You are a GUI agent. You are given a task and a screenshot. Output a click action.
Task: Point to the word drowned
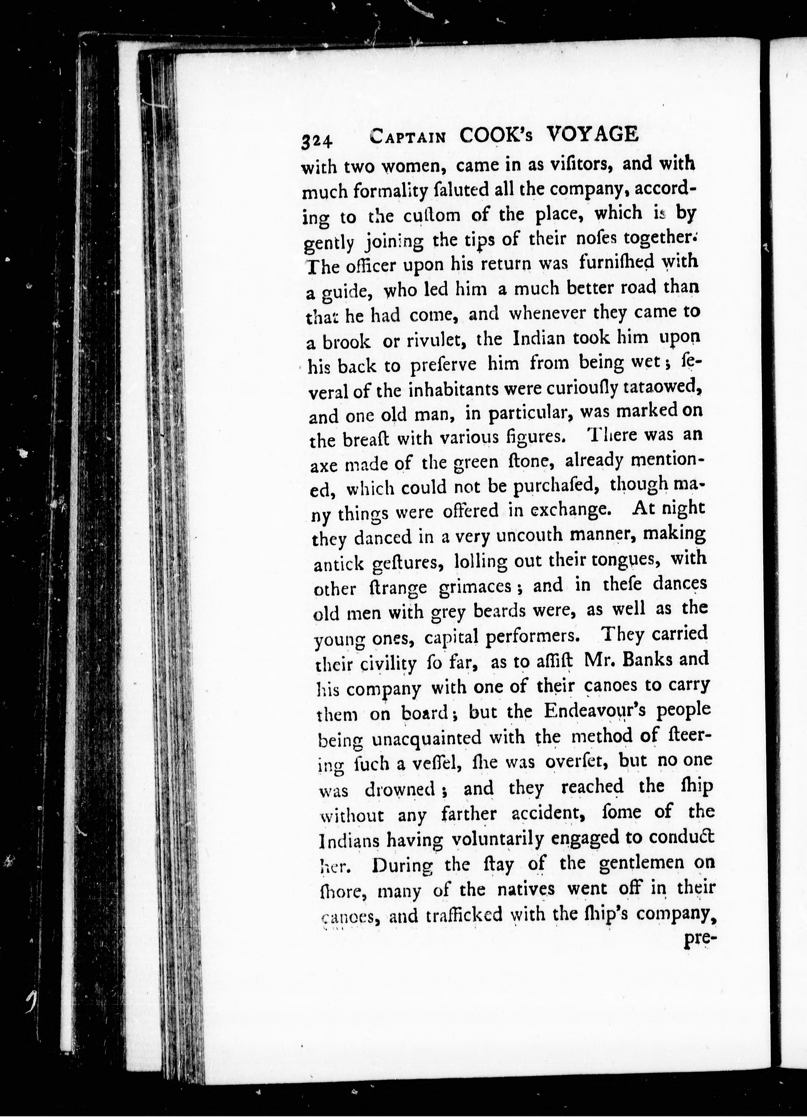pos(400,790)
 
